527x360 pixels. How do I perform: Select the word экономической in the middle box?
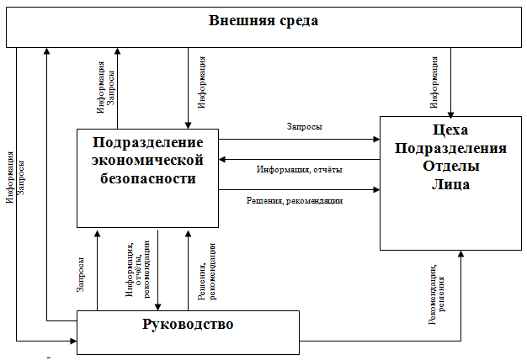147,160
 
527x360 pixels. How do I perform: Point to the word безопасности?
148,178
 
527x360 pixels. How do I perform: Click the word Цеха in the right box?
450,130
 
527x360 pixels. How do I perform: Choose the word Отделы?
450,167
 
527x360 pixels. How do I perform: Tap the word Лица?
450,184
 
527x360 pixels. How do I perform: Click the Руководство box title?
188,325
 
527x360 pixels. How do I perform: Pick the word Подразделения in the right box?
450,148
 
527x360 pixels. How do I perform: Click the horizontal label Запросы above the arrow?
304,127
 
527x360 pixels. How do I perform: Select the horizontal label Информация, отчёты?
300,169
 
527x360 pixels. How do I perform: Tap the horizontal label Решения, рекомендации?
295,201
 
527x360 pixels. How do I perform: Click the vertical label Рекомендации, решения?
437,294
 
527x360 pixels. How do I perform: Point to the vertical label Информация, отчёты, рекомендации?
138,269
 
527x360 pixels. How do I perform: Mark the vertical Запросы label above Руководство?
80,275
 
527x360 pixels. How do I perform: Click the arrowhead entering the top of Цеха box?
450,114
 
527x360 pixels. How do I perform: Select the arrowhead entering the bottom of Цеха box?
460,254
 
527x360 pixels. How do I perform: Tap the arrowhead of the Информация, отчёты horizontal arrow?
222,160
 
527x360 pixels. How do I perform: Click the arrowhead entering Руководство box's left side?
73,341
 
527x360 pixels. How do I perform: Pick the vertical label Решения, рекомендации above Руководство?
207,272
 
